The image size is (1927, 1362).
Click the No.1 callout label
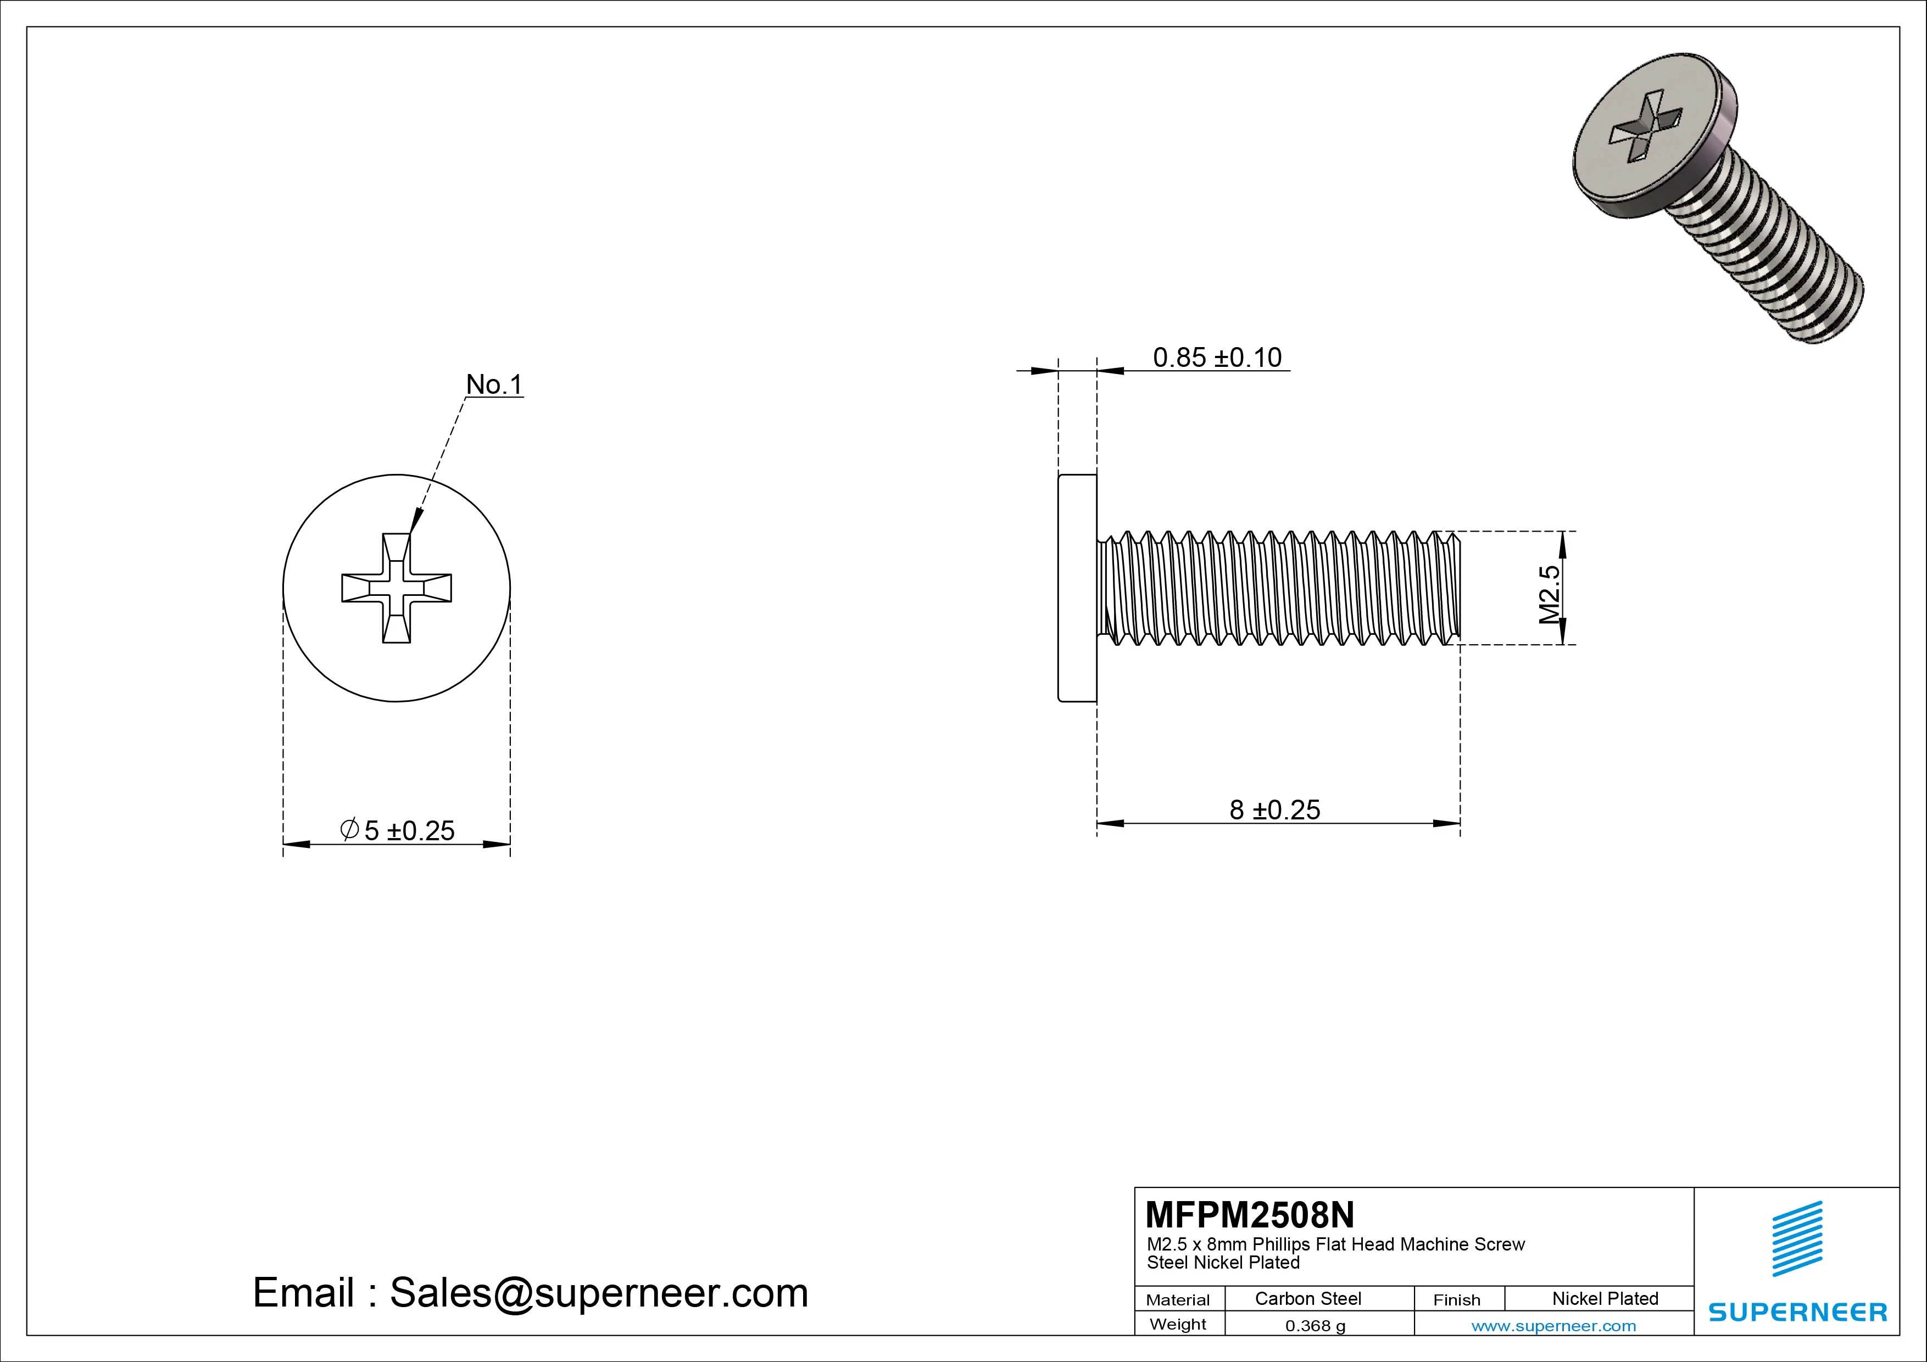tap(494, 384)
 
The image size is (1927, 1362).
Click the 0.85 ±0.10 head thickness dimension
tap(1217, 358)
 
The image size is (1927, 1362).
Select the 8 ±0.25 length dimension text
tap(1274, 810)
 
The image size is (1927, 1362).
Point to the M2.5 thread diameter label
tap(1549, 594)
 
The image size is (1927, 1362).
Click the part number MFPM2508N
tap(1249, 1214)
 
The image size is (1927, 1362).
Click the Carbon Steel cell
tap(1307, 1298)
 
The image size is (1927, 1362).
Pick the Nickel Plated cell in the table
tap(1605, 1298)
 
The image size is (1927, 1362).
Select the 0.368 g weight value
tap(1315, 1326)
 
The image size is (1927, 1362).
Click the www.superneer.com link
tap(1553, 1326)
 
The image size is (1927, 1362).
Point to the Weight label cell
tap(1178, 1324)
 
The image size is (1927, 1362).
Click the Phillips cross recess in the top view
tap(396, 588)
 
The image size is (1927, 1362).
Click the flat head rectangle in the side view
tap(1077, 588)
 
